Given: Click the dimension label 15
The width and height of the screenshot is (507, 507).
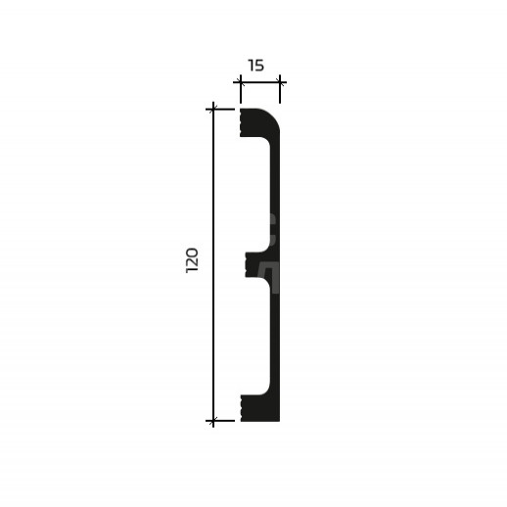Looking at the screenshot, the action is (x=256, y=66).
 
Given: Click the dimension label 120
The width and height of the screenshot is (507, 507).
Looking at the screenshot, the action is (x=192, y=260).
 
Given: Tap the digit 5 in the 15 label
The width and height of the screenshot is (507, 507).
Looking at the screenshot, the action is (x=259, y=66).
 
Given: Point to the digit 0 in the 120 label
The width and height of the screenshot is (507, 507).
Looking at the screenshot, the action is (x=192, y=253).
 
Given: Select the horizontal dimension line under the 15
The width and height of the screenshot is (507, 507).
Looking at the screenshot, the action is (x=259, y=82).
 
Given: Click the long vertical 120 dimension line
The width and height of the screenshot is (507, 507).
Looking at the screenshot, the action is (x=213, y=264).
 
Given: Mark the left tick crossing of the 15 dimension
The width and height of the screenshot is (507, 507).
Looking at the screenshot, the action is (x=241, y=82).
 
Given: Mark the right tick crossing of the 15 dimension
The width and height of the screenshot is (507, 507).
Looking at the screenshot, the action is (x=280, y=82).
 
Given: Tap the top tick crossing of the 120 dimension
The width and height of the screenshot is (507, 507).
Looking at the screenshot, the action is (x=213, y=110).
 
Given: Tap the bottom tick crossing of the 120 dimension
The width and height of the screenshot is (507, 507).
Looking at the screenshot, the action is (x=213, y=421).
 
